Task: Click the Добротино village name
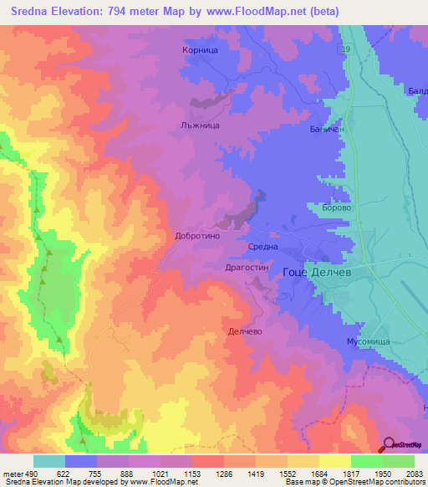coord(197,236)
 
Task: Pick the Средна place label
coord(263,246)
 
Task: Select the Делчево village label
coord(246,331)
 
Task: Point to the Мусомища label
coord(369,342)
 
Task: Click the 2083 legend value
coord(415,474)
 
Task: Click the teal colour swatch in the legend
coord(49,461)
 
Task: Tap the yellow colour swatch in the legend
coord(335,461)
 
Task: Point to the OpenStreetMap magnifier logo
coord(388,444)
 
